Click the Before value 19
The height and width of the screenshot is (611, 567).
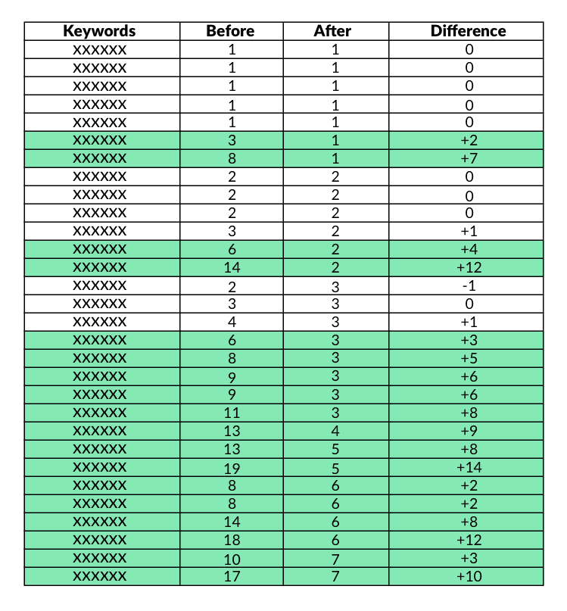pyautogui.click(x=232, y=467)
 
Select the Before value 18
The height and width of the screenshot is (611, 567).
pyautogui.click(x=232, y=540)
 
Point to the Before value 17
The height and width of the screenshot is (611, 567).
pyautogui.click(x=232, y=576)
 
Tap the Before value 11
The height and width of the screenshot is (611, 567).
pyautogui.click(x=232, y=413)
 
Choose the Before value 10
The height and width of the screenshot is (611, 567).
pyautogui.click(x=232, y=558)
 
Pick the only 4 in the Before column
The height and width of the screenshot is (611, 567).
pyautogui.click(x=232, y=322)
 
